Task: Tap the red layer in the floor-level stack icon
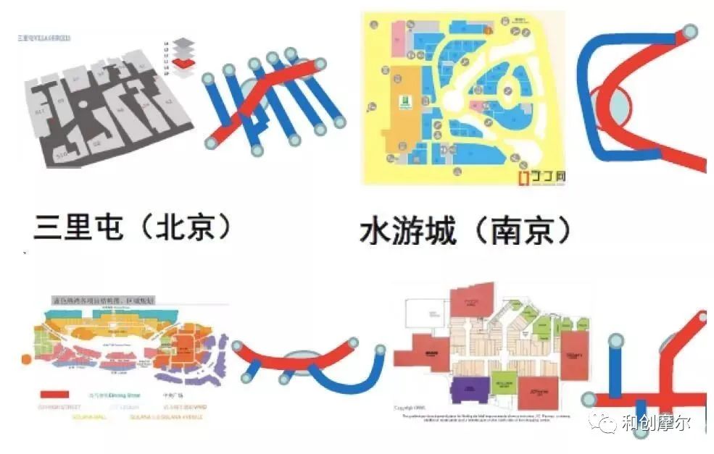tap(188, 64)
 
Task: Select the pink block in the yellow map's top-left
tap(399, 41)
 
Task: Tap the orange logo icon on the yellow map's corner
tap(524, 176)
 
